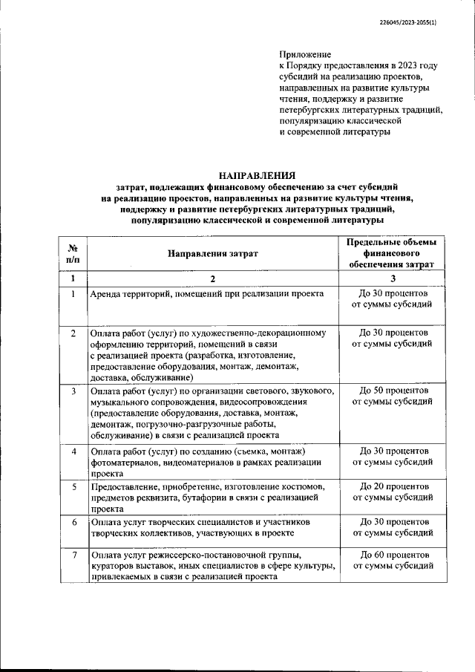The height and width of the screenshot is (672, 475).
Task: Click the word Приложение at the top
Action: pos(305,55)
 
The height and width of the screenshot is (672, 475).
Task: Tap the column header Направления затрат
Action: pos(213,254)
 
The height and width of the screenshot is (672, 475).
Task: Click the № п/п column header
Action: pos(73,254)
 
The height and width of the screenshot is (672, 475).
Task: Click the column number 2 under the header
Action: pos(213,279)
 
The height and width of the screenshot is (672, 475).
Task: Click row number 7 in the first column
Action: pos(73,555)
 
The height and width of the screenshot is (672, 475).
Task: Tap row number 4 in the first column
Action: pos(73,451)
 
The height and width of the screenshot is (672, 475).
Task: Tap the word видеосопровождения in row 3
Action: pos(240,401)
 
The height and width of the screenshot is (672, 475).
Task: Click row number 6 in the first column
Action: pos(73,522)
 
